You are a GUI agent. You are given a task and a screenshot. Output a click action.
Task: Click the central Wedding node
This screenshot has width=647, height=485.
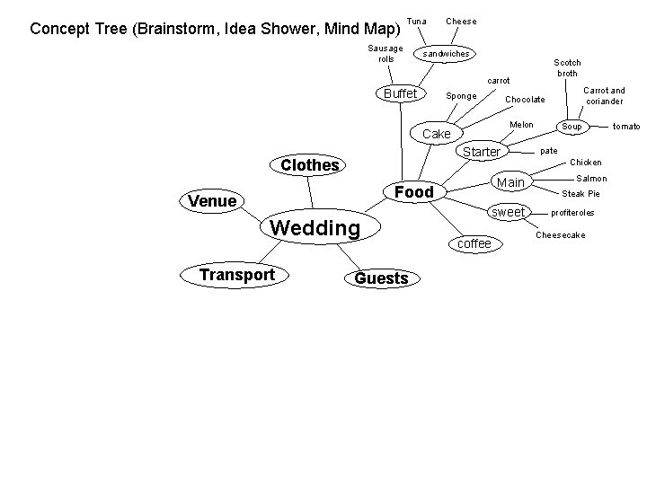click(x=315, y=228)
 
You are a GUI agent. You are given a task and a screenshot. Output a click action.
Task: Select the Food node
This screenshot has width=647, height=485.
click(x=414, y=192)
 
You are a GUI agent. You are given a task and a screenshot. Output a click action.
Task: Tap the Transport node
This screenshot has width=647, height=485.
click(x=236, y=274)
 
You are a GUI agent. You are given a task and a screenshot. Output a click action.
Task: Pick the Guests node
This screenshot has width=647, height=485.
click(x=381, y=278)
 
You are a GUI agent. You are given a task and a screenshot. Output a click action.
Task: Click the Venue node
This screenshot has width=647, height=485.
click(x=212, y=201)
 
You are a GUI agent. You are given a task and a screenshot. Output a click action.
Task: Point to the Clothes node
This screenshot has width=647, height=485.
click(x=310, y=165)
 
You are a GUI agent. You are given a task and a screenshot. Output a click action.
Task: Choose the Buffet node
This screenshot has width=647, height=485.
click(x=400, y=94)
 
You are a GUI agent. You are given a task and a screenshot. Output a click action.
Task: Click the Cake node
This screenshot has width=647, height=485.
click(x=437, y=134)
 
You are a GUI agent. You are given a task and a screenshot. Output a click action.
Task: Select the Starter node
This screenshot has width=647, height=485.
click(x=481, y=152)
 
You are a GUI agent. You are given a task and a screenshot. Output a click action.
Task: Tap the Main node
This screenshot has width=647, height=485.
click(x=510, y=183)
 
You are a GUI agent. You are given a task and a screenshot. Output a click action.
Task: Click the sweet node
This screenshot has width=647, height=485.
click(x=509, y=212)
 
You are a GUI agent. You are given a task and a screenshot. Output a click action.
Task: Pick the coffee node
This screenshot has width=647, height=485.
click(x=474, y=243)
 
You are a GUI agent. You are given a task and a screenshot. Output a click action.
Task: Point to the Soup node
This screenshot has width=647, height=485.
click(x=572, y=127)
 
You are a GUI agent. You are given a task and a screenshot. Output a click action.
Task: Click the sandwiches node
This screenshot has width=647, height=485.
click(x=446, y=54)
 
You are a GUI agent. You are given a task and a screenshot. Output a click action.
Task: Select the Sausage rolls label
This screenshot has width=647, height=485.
click(x=386, y=53)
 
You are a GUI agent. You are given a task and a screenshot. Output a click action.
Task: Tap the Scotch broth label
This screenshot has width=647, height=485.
click(x=567, y=67)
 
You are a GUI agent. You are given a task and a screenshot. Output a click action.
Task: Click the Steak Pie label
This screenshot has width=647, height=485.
click(x=581, y=194)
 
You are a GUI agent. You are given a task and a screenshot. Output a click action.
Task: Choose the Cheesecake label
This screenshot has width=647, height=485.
click(x=560, y=235)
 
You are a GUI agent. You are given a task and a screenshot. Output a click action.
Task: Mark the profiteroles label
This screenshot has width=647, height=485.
click(x=572, y=213)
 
